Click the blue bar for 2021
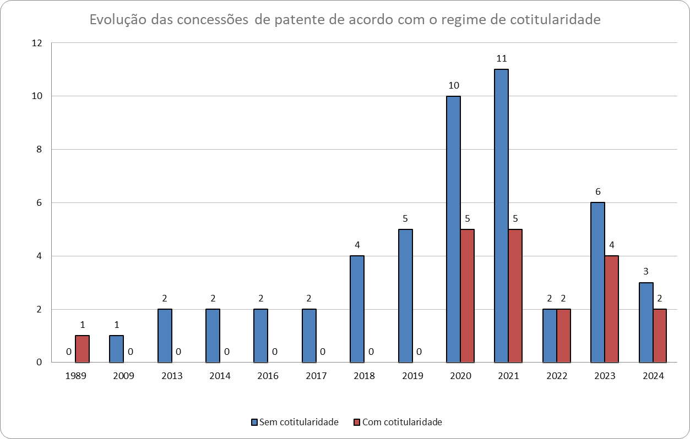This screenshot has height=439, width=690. tap(501, 216)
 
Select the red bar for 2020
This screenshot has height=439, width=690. tap(468, 296)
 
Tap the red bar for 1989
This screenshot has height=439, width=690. tap(82, 349)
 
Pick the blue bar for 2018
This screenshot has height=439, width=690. tap(357, 309)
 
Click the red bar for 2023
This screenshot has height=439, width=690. tap(612, 309)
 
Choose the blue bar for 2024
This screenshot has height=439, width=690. tap(646, 322)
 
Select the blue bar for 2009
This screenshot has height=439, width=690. tap(116, 349)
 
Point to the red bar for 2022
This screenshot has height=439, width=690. tap(563, 336)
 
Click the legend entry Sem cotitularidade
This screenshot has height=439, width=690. tap(294, 422)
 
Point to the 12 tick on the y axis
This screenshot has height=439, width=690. tap(37, 43)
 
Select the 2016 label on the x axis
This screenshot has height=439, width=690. tap(268, 376)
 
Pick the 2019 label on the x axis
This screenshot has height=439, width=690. tap(412, 376)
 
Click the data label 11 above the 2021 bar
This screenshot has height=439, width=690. tap(501, 58)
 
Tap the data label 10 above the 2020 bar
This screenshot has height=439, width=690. tap(453, 85)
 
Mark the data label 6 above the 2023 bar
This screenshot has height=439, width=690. tap(597, 192)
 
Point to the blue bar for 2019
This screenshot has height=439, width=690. tap(405, 296)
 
